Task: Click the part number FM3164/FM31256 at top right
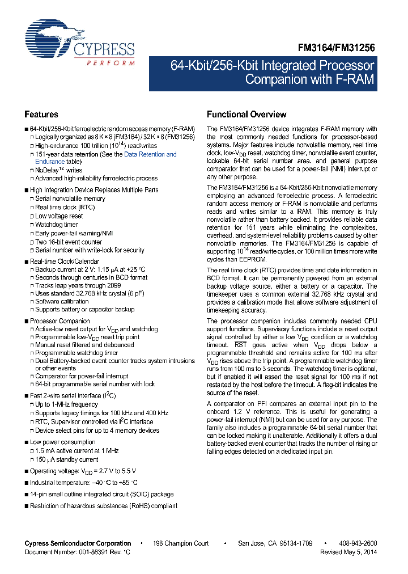pos(337,49)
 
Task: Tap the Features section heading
pos(41,114)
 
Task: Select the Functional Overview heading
pos(246,114)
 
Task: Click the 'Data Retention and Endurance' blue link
pos(150,154)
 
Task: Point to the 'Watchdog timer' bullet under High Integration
pos(57,225)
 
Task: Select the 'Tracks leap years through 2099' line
pos(76,286)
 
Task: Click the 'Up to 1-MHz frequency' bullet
pos(66,404)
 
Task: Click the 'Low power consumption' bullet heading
pos(62,442)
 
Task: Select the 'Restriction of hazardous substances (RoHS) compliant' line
pos(103,506)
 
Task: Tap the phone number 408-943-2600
pos(356,543)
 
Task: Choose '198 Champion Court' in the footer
pos(181,543)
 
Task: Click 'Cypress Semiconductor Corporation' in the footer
pos(78,543)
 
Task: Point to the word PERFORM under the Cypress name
pos(110,63)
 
